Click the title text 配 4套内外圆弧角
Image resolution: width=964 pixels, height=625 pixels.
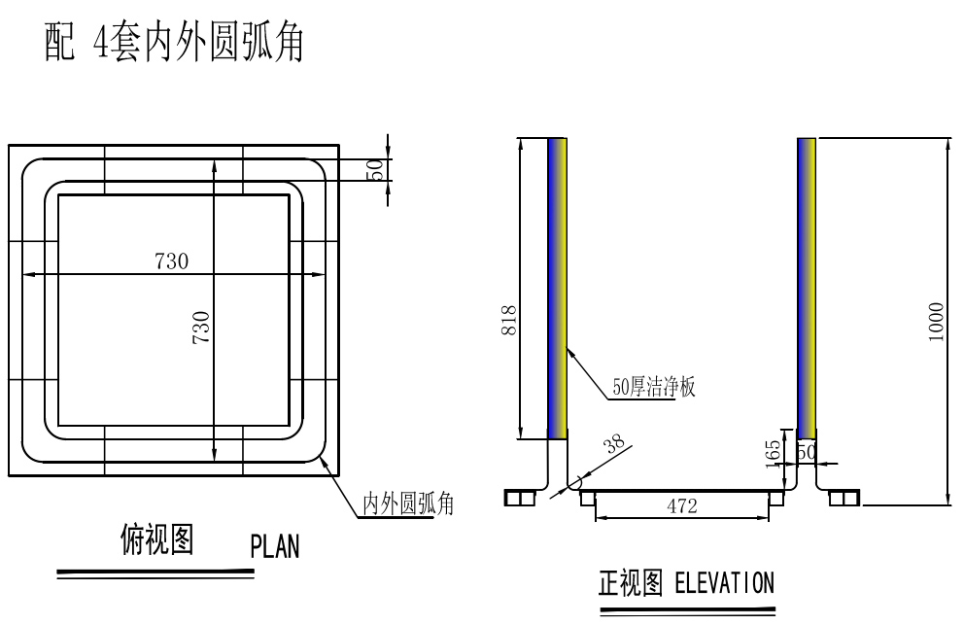[x=175, y=44]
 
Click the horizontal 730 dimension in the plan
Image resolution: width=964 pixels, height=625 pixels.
[x=171, y=260]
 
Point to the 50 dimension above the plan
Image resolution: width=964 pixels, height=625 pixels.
[x=374, y=169]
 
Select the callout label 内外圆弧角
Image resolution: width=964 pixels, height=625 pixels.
[x=408, y=503]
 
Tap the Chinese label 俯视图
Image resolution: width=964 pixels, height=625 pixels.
[x=156, y=538]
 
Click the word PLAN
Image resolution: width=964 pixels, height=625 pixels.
[x=275, y=547]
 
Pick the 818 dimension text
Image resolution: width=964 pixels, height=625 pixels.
[x=509, y=321]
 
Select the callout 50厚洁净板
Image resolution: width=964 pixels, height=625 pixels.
[x=654, y=387]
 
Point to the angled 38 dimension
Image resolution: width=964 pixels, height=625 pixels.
[x=613, y=446]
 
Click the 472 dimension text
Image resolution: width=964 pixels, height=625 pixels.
[x=681, y=505]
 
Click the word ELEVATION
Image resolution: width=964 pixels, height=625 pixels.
[x=724, y=583]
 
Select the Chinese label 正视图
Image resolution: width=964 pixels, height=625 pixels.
[x=631, y=583]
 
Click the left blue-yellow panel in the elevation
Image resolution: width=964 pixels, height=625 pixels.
[x=558, y=289]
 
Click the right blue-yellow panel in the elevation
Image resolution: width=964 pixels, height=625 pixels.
[x=807, y=289]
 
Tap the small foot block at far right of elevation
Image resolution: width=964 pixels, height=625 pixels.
[x=843, y=499]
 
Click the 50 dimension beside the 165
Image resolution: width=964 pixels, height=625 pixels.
[x=806, y=452]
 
